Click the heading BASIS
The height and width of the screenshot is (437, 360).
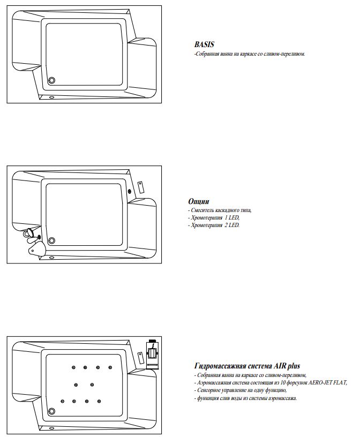[204, 45]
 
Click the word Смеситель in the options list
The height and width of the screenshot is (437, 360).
[202, 210]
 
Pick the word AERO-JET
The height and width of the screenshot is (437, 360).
[321, 383]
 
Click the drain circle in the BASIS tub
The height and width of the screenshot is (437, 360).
[52, 81]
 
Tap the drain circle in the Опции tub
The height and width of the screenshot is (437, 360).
[52, 240]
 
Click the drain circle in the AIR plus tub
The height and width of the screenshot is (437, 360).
[52, 411]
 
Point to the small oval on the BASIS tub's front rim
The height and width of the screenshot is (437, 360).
[51, 97]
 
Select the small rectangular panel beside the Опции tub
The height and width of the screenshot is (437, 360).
[141, 186]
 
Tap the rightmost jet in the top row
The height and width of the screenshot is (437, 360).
[110, 367]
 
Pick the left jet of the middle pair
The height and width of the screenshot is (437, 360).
[76, 384]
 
